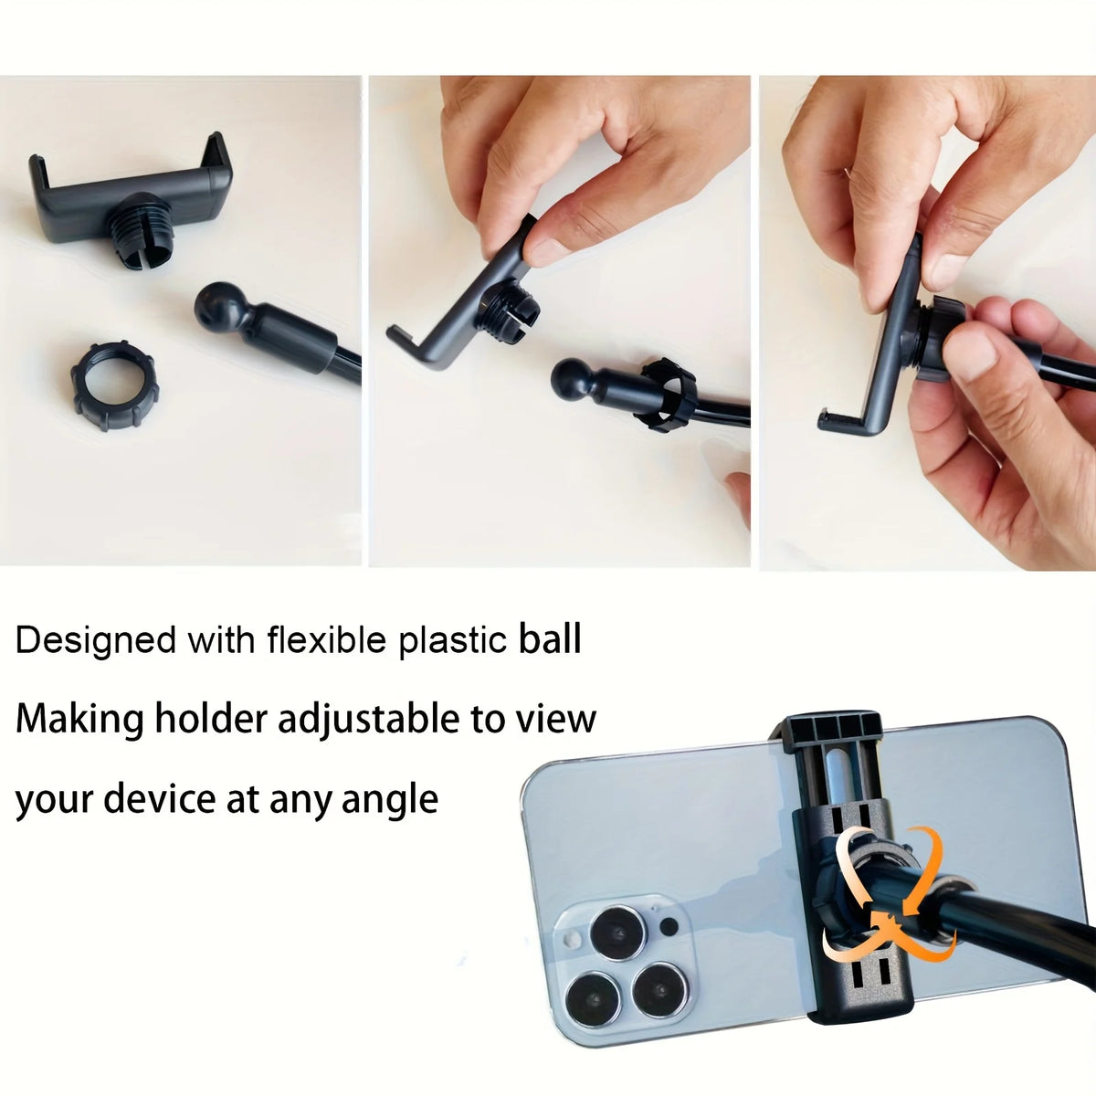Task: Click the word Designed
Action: pos(96,641)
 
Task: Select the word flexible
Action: pos(328,639)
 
